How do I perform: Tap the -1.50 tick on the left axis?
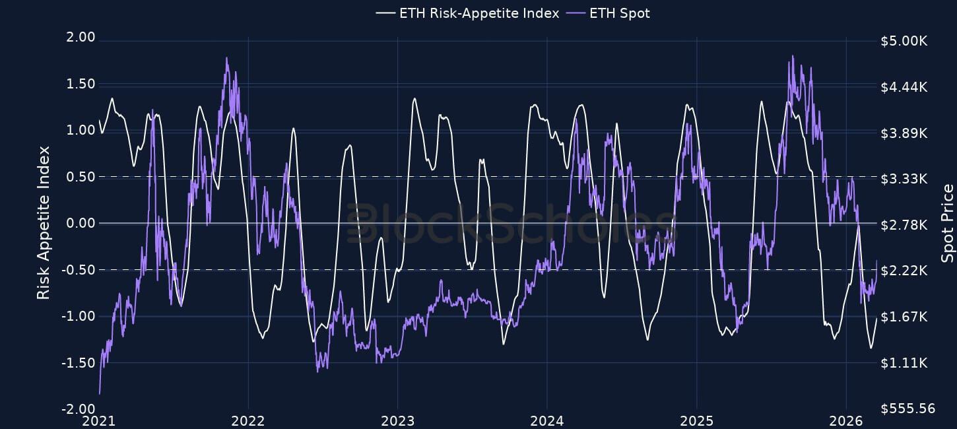(x=80, y=363)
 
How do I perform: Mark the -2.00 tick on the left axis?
(x=80, y=409)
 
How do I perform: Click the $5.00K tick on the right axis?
(x=904, y=41)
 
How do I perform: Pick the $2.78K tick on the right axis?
(x=904, y=225)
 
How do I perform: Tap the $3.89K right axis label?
(x=904, y=133)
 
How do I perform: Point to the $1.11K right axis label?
(x=904, y=363)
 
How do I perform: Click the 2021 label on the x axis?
(x=99, y=421)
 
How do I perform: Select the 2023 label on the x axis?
(x=397, y=421)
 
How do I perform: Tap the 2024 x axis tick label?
(x=547, y=421)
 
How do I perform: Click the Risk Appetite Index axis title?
(x=44, y=224)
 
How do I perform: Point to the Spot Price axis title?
(x=948, y=224)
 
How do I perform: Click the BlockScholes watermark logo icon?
(x=360, y=224)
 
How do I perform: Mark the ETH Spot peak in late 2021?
(x=226, y=58)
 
